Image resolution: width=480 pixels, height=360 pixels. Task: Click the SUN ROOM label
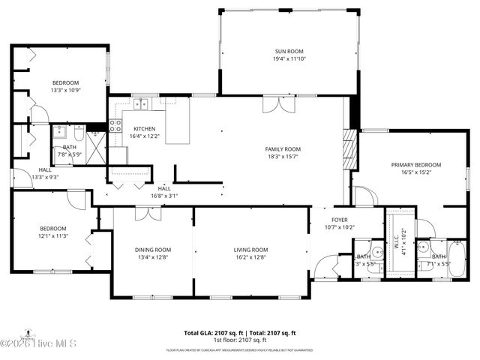pos(289,51)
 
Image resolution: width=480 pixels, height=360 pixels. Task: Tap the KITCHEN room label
pos(144,128)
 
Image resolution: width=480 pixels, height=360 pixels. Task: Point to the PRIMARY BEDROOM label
pos(415,164)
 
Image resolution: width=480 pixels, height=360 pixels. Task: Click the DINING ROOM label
pos(153,250)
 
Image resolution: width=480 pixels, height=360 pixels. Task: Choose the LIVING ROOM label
pos(250,250)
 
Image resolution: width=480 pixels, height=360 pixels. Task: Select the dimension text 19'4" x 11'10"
pos(289,58)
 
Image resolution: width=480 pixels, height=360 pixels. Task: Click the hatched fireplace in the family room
pos(346,150)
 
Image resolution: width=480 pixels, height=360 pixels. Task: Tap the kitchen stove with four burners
pos(115,125)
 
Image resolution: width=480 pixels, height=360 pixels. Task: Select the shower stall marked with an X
pos(96,141)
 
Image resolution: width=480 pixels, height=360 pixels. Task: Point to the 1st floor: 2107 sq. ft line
pos(240,340)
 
